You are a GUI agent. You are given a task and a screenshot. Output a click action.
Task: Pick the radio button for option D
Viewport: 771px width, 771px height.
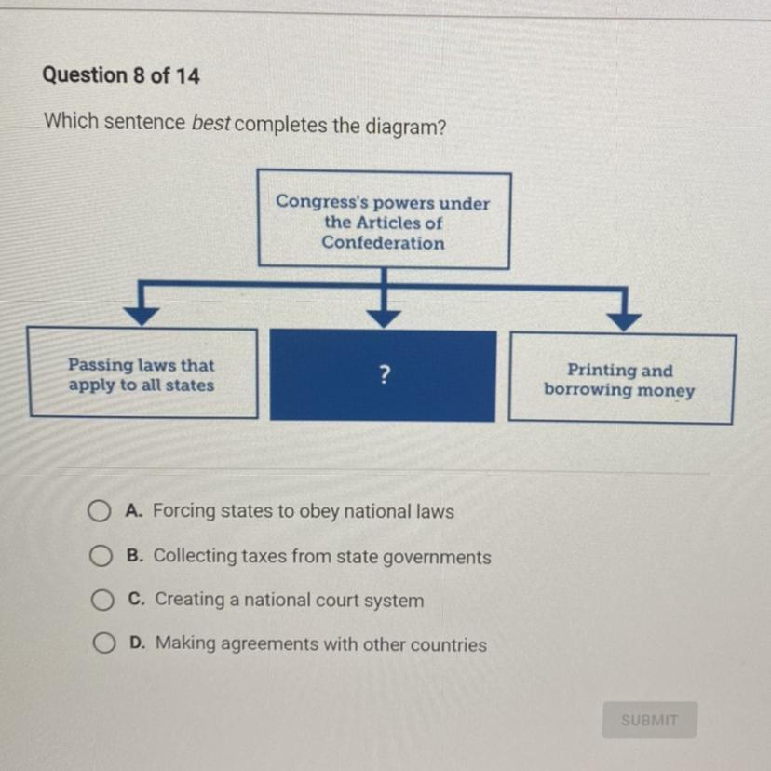coord(103,644)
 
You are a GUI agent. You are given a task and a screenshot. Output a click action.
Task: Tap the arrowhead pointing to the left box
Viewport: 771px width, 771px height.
coord(141,316)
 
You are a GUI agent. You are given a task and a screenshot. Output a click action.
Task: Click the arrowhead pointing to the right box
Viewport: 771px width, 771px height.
coord(626,319)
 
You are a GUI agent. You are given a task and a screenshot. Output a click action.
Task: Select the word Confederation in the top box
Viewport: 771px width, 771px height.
coord(384,243)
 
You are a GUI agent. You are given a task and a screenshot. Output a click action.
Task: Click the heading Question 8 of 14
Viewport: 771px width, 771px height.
coord(121,76)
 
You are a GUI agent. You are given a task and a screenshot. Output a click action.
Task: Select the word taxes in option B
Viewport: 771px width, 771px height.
coord(264,557)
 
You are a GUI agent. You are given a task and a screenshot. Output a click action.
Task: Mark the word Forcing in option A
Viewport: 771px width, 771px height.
coord(183,511)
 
